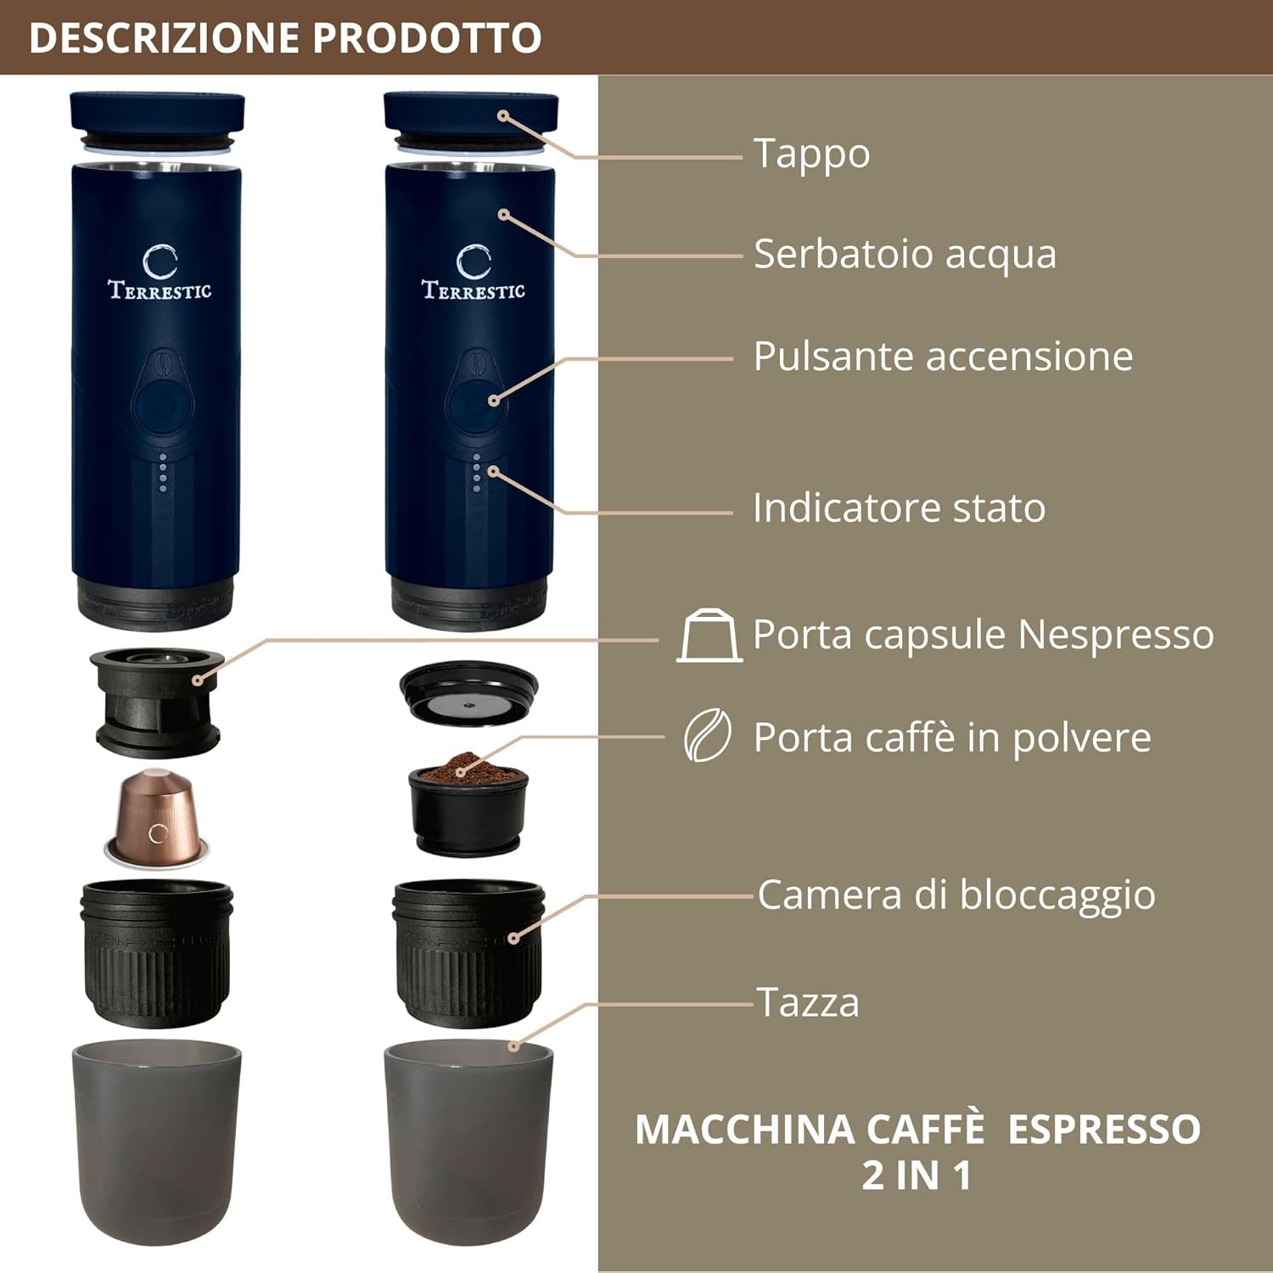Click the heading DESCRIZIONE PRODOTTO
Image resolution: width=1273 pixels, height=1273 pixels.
pos(285,38)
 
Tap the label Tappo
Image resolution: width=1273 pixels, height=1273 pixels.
pos(811,154)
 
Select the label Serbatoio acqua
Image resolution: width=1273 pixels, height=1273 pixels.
pos(905,254)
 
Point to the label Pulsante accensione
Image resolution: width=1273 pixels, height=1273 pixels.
pos(943,356)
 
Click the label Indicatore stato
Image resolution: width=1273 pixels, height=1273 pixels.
pos(899,508)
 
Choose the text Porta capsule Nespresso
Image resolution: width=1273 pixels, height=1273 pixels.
pos(983,635)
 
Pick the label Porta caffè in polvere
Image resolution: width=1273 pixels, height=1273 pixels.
pos(952,737)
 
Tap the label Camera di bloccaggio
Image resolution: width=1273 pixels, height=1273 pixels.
pos(956,894)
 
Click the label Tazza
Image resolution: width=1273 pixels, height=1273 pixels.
pos(808,1002)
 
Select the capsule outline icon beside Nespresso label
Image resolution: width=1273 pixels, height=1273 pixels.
pos(709,636)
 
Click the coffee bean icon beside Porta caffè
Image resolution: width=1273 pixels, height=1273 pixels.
pos(708,736)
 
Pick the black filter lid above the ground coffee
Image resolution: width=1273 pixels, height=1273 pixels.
pos(468,693)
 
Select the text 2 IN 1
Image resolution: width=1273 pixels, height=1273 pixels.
pos(917,1175)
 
